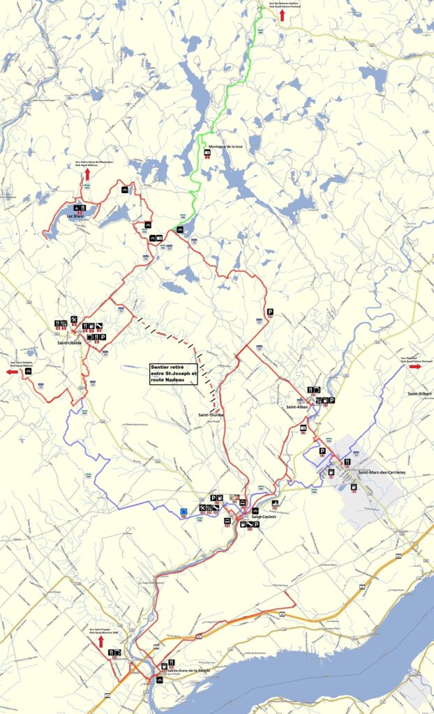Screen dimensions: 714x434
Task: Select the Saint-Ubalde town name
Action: (x=70, y=343)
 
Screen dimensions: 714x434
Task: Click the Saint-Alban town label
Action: (x=297, y=406)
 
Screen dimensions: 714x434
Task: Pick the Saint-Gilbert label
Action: (x=420, y=394)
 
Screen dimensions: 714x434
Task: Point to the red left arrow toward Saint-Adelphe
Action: (x=13, y=372)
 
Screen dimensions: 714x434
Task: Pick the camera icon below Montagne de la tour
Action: (x=207, y=152)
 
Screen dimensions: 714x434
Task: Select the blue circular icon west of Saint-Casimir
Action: (x=183, y=512)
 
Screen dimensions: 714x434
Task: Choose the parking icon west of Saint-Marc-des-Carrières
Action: (x=322, y=452)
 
